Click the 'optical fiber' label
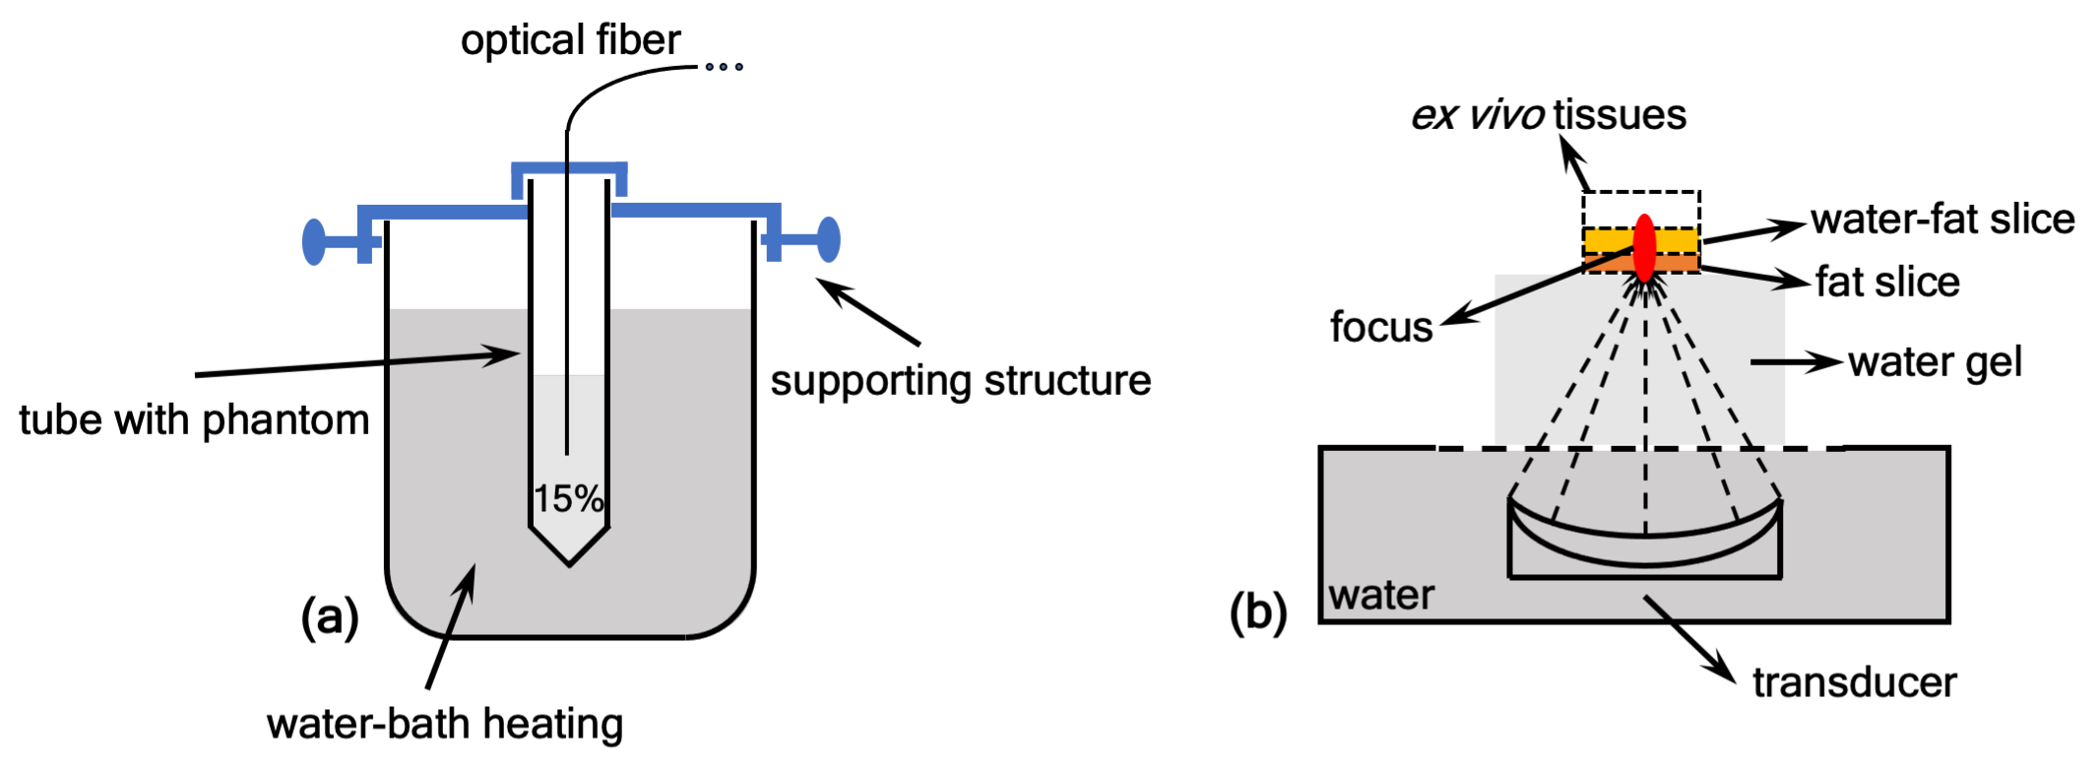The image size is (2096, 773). pyautogui.click(x=570, y=40)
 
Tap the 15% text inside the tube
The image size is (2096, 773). pyautogui.click(x=568, y=499)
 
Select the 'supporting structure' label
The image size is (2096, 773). pyautogui.click(x=960, y=381)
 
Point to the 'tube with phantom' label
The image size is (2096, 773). pyautogui.click(x=194, y=420)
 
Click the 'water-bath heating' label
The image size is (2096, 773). pyautogui.click(x=445, y=725)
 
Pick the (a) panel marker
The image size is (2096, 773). pyautogui.click(x=330, y=617)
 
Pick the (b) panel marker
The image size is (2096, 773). pyautogui.click(x=1258, y=612)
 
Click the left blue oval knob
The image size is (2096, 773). pyautogui.click(x=314, y=241)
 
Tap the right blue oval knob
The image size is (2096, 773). pyautogui.click(x=829, y=239)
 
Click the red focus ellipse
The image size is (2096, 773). pyautogui.click(x=1644, y=247)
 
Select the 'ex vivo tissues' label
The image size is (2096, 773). pyautogui.click(x=1549, y=115)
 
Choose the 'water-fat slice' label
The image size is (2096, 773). pyautogui.click(x=1942, y=220)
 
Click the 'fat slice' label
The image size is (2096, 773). pyautogui.click(x=1887, y=283)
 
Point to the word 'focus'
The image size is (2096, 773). pyautogui.click(x=1381, y=327)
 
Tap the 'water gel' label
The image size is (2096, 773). pyautogui.click(x=1935, y=362)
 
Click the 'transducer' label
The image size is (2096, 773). pyautogui.click(x=1854, y=682)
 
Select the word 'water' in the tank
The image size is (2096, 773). pyautogui.click(x=1381, y=596)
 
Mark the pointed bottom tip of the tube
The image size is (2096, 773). pyautogui.click(x=569, y=562)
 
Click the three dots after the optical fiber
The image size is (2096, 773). pyautogui.click(x=724, y=67)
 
